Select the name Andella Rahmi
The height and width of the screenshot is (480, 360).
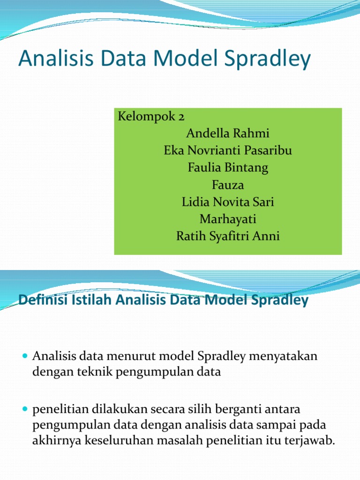click(228, 133)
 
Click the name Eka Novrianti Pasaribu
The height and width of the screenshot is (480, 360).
click(228, 150)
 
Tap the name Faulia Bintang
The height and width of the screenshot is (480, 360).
click(228, 168)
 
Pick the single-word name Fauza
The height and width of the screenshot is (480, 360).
click(228, 185)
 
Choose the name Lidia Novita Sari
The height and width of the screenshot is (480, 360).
click(228, 202)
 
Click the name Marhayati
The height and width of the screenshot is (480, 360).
click(228, 219)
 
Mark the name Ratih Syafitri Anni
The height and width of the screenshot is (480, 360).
click(228, 236)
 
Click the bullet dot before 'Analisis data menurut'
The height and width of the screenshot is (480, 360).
click(26, 357)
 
